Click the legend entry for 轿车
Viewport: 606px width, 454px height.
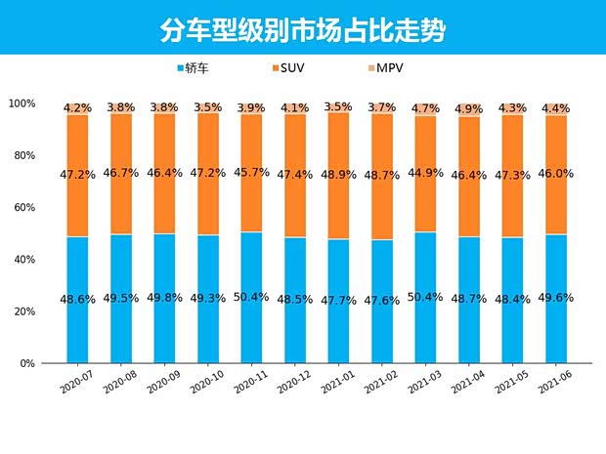(x=198, y=68)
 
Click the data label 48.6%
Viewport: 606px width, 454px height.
(x=78, y=299)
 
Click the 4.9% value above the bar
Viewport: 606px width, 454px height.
(x=469, y=108)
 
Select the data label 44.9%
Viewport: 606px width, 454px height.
(x=426, y=176)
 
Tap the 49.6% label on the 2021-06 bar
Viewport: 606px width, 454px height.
(x=556, y=298)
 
